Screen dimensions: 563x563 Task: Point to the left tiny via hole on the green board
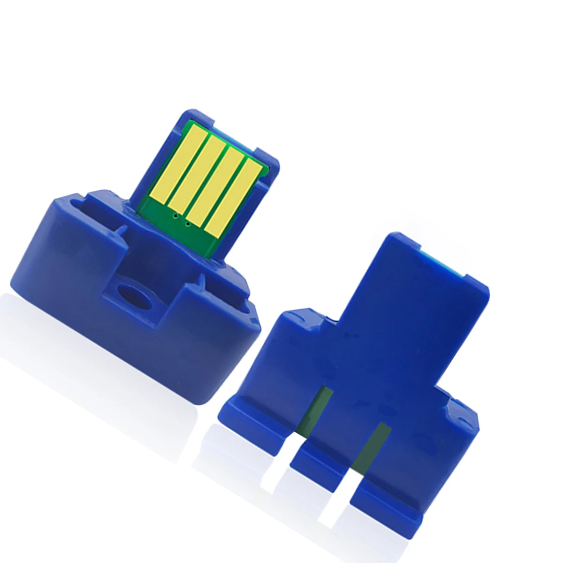click(x=175, y=216)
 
